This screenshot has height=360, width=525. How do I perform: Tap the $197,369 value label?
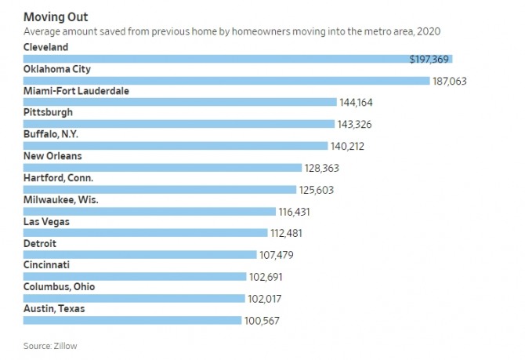[430, 59]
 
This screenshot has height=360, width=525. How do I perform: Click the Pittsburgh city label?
[49, 112]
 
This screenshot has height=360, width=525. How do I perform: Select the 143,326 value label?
[356, 124]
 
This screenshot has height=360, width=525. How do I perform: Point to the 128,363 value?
[323, 168]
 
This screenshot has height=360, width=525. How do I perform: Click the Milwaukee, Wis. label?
[62, 200]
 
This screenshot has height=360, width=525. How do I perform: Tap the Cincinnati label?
[47, 265]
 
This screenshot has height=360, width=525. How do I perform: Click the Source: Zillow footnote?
[50, 345]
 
